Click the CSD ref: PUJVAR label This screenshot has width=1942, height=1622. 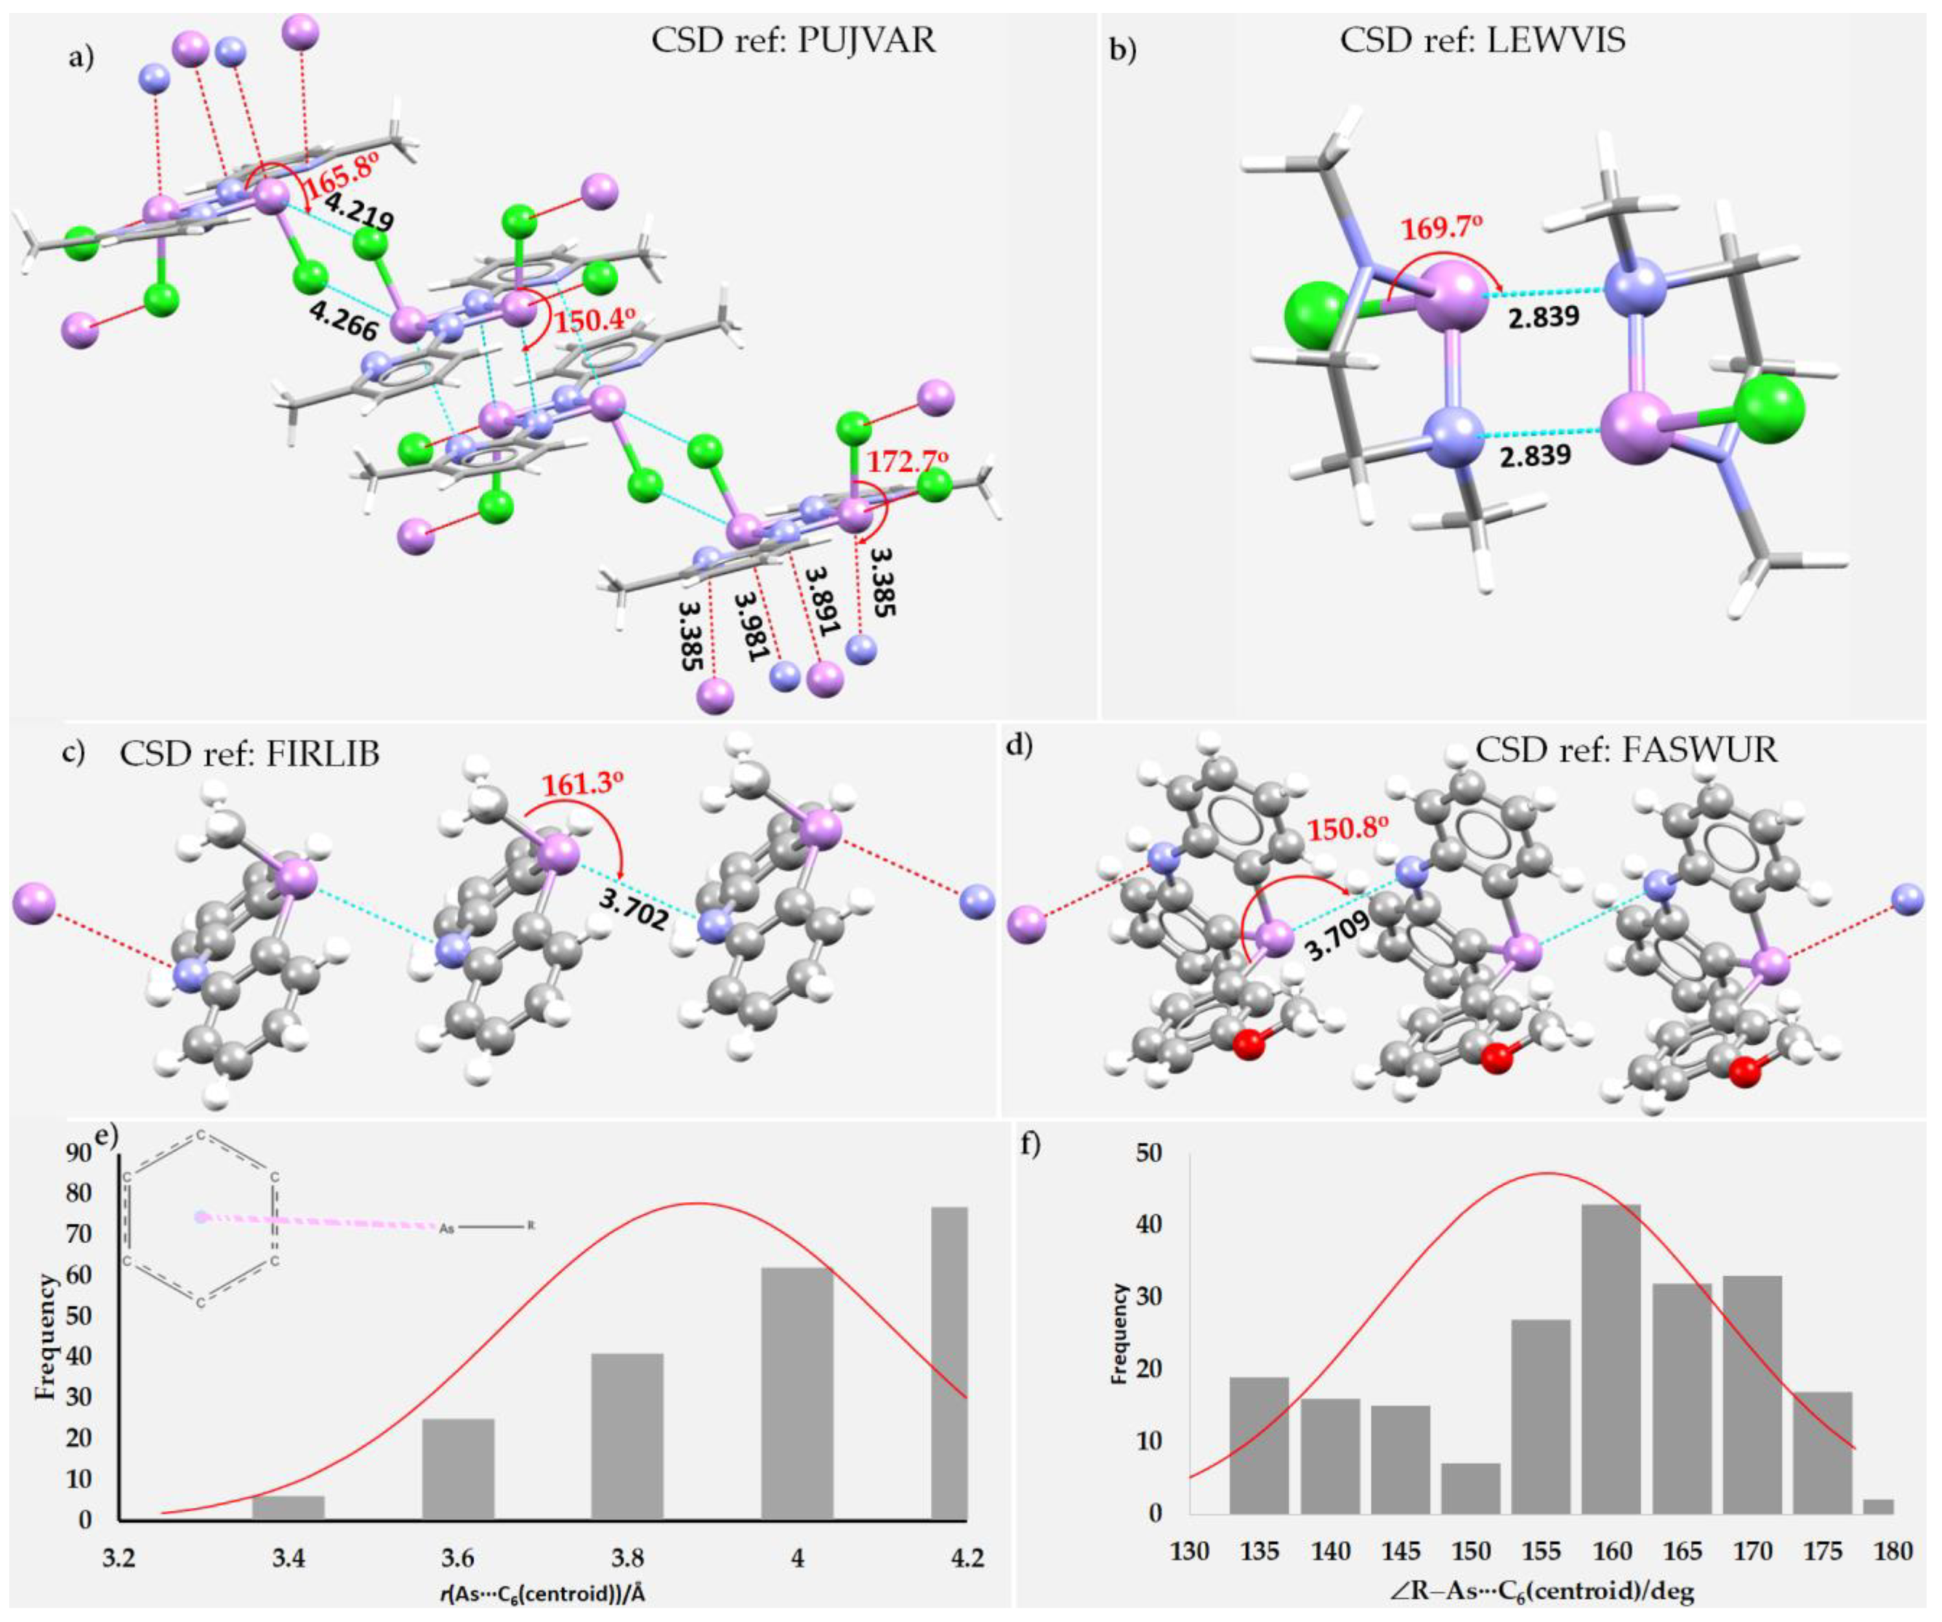(x=794, y=42)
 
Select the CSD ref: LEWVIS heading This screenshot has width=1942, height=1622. (x=1482, y=42)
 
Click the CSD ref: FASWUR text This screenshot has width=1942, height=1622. (x=1626, y=749)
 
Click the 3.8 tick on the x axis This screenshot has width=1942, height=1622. (x=628, y=1559)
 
